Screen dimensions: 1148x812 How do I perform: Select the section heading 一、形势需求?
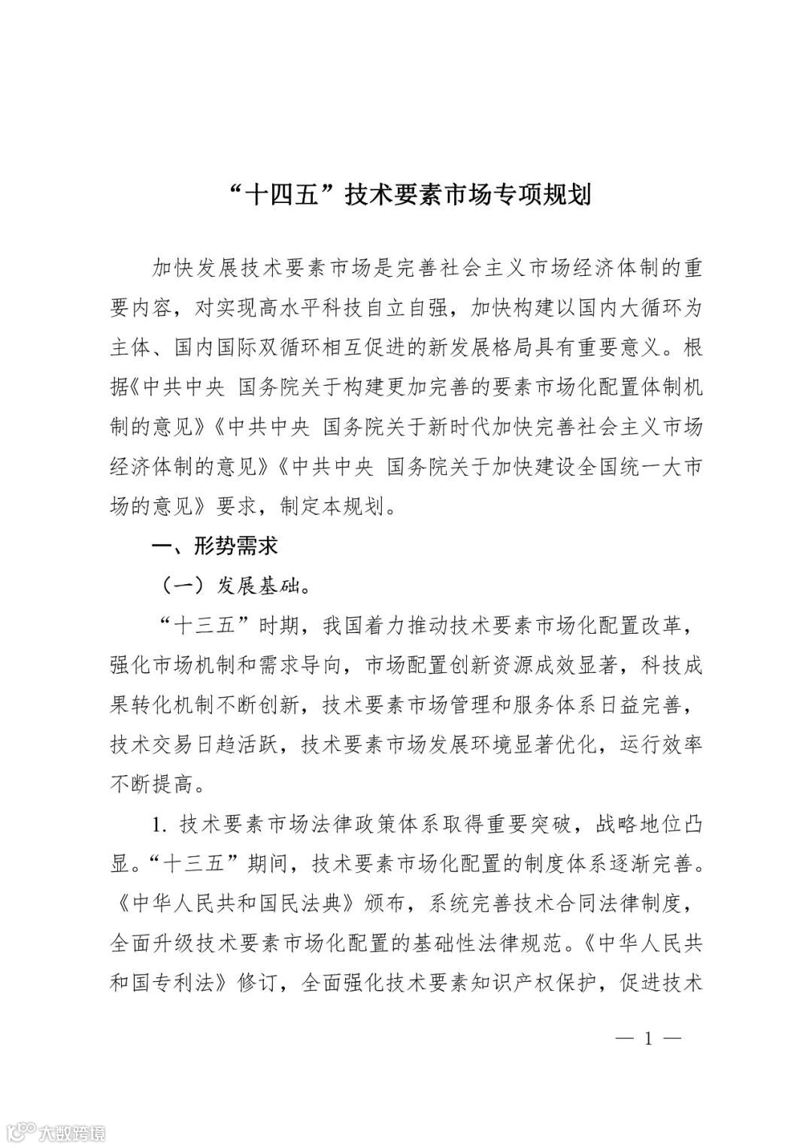point(214,544)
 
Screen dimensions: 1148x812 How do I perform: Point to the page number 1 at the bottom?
point(647,1039)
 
